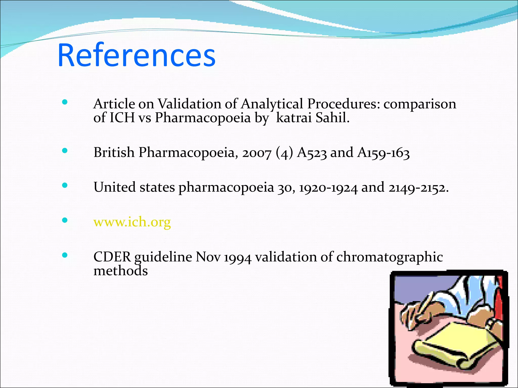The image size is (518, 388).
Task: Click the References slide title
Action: (x=137, y=55)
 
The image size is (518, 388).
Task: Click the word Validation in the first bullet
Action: (x=189, y=104)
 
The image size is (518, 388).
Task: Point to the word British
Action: (x=114, y=152)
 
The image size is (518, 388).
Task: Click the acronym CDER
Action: (x=112, y=257)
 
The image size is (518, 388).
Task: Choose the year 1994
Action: (x=238, y=257)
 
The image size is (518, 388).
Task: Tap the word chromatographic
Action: (x=390, y=257)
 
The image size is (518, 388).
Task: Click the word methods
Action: (x=121, y=271)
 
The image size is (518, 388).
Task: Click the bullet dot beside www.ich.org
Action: (x=65, y=220)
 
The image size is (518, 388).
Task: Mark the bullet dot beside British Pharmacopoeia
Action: (x=65, y=151)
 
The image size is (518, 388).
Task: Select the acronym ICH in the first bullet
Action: (x=122, y=118)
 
